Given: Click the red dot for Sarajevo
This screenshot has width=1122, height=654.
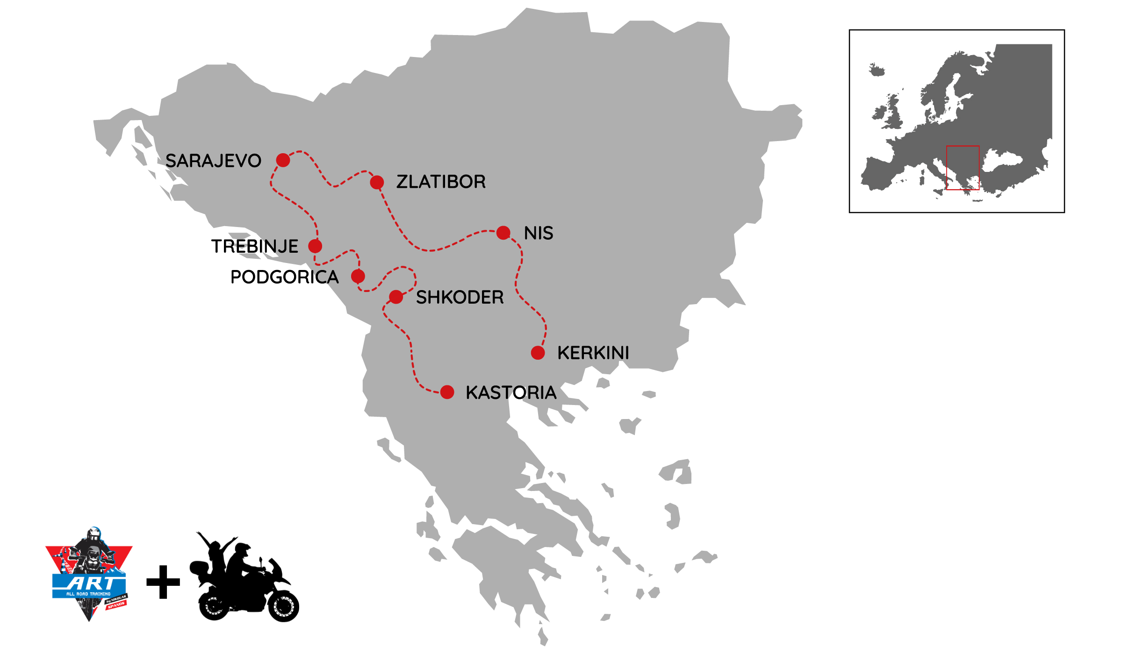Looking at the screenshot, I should (283, 160).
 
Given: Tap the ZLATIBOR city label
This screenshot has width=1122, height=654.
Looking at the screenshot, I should (441, 182).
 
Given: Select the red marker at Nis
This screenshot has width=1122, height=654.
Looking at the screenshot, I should (503, 233).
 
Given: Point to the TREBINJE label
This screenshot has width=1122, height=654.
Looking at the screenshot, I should (255, 246).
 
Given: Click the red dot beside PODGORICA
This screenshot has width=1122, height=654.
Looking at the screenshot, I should (358, 277).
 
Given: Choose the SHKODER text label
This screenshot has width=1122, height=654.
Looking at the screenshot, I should (460, 297).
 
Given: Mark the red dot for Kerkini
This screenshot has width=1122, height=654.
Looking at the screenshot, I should (538, 353).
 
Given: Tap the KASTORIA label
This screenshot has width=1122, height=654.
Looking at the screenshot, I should (511, 392).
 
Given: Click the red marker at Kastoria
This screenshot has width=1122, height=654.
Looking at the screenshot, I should (447, 392).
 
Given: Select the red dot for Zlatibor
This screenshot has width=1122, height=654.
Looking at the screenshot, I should (377, 182).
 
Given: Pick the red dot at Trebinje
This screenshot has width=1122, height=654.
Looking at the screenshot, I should (315, 246).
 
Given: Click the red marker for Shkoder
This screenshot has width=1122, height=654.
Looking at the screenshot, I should (396, 297).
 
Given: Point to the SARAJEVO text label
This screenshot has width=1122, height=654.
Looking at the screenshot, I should (213, 161).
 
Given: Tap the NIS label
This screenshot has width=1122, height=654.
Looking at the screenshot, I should (539, 233).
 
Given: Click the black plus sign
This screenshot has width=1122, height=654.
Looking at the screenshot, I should (163, 582).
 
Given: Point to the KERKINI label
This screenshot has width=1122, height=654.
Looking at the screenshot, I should (593, 353).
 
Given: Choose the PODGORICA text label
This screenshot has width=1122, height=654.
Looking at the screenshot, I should (284, 277).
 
